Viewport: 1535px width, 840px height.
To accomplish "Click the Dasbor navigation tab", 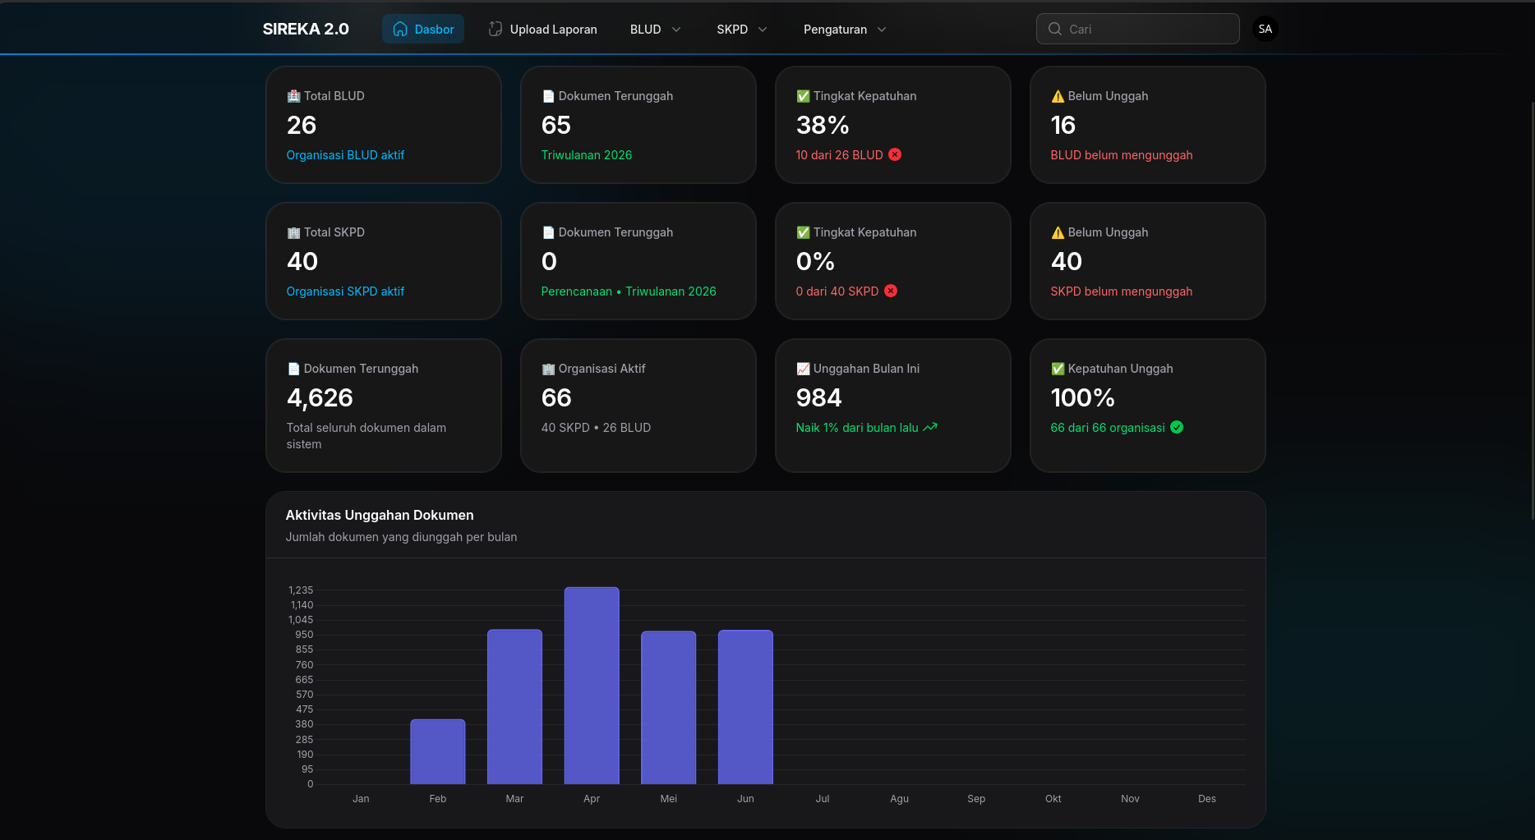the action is (x=423, y=29).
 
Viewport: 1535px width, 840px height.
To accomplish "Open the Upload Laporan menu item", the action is (x=542, y=29).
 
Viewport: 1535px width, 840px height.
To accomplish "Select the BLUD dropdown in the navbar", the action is (x=655, y=29).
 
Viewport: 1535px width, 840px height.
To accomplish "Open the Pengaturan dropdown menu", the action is (x=845, y=29).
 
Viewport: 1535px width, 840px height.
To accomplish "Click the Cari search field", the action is (x=1138, y=29).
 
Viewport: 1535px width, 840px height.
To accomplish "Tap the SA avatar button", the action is (x=1265, y=29).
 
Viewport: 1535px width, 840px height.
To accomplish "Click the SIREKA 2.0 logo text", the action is (x=306, y=29).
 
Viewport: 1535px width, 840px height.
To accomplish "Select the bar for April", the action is (x=592, y=686).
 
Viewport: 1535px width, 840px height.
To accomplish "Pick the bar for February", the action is (x=438, y=751).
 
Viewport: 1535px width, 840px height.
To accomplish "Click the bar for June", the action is (x=745, y=707).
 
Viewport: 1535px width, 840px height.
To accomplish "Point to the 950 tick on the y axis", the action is (x=304, y=635).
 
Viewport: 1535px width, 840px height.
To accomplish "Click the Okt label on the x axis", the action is (x=1053, y=799).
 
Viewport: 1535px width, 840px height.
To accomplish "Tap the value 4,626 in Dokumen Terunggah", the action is (x=320, y=397).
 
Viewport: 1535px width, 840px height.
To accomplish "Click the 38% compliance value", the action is (x=823, y=125).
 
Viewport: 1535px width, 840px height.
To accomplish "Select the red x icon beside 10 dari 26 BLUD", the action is (x=895, y=154).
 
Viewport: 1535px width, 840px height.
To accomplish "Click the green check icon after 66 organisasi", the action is (x=1177, y=427).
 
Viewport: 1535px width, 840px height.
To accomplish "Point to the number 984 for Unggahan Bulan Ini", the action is (x=819, y=397).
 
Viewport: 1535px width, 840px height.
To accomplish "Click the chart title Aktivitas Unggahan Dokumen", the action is (x=380, y=515).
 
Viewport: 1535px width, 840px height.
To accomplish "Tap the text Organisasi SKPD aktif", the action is (x=345, y=291).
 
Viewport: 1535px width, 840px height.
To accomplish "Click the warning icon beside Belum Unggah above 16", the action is (x=1058, y=96).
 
